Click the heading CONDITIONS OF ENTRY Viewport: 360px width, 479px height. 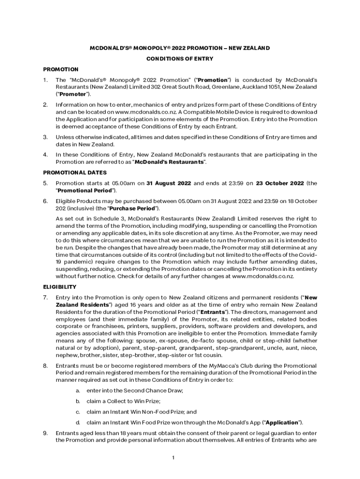pos(180,59)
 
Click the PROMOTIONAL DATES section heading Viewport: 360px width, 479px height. pos(65,172)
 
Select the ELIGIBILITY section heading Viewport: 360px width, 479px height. pos(59,287)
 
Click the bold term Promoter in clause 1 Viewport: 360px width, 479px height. pos(72,94)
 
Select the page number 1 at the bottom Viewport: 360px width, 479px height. pos(173,457)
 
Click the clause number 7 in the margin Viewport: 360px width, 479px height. pos(45,298)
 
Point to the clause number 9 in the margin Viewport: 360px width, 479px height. pos(45,433)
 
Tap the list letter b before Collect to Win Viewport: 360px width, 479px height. pos(78,401)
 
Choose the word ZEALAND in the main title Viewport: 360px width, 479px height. pos(256,48)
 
